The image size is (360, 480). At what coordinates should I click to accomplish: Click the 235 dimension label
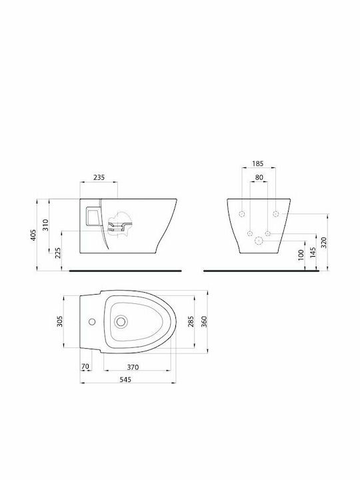(x=99, y=177)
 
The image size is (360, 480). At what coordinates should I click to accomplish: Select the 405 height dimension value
(x=33, y=235)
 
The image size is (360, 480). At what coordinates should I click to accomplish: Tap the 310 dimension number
(x=45, y=225)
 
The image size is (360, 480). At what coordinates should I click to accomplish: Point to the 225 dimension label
(x=58, y=253)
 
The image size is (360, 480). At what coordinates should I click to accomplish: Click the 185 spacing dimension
(x=258, y=163)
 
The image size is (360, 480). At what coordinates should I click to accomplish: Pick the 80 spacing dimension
(x=259, y=177)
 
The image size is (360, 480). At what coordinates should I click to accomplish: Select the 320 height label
(x=324, y=242)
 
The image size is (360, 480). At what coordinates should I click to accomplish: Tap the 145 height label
(x=313, y=253)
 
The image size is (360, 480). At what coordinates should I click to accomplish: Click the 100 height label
(x=301, y=255)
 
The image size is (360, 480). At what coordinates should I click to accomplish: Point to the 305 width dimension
(x=60, y=321)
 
